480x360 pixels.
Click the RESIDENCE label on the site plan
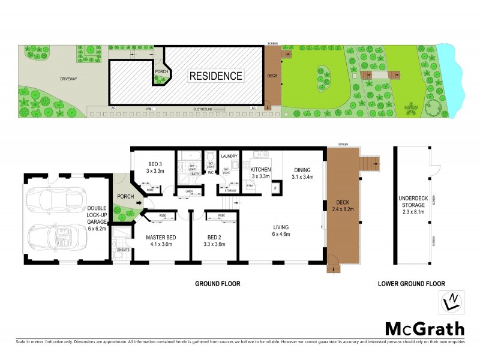216,76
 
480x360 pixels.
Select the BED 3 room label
154,167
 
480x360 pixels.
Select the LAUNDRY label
229,157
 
